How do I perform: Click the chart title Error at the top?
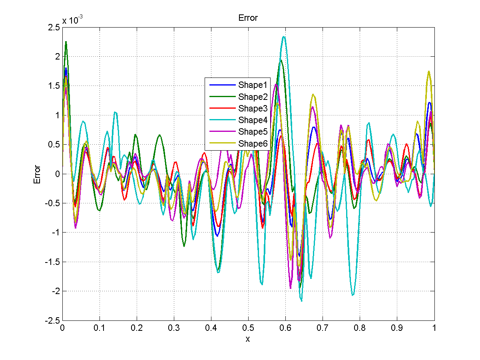(x=248, y=18)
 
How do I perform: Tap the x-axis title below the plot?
(x=248, y=339)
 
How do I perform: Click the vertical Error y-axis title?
(x=37, y=174)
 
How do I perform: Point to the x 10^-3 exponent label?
(x=72, y=20)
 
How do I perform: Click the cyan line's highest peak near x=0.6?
(x=284, y=37)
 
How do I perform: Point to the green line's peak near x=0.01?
(x=66, y=42)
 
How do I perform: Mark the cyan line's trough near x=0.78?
(x=353, y=295)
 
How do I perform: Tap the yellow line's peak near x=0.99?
(x=429, y=72)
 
